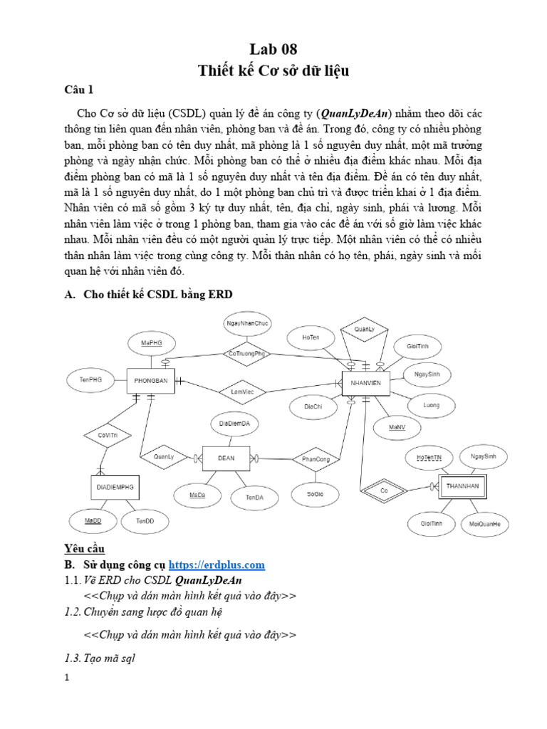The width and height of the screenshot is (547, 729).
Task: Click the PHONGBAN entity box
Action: pos(151,381)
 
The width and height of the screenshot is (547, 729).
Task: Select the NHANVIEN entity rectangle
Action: pos(366,382)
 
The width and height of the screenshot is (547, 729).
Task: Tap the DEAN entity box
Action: pos(226,458)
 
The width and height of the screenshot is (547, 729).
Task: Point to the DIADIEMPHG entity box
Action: pos(115,488)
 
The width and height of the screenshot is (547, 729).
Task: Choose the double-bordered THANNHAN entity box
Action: pos(464,487)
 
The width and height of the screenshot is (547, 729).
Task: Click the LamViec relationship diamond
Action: pos(237,392)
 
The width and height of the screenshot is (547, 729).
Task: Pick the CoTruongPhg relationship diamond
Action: pos(247,353)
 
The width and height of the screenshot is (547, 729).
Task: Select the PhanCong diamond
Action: pos(316,460)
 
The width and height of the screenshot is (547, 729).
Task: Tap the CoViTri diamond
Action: pos(105,434)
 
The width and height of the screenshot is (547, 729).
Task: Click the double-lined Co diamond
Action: pos(383,491)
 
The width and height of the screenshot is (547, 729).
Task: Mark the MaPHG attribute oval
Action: pos(151,343)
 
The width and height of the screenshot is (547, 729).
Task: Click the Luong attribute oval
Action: pos(431,406)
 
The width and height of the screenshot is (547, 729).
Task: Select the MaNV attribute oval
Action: pos(397,427)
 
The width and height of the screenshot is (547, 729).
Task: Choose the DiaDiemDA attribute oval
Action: pos(234,424)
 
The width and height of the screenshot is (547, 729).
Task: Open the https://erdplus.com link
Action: pos(215,565)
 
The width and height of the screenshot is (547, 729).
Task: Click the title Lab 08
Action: pos(273,49)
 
